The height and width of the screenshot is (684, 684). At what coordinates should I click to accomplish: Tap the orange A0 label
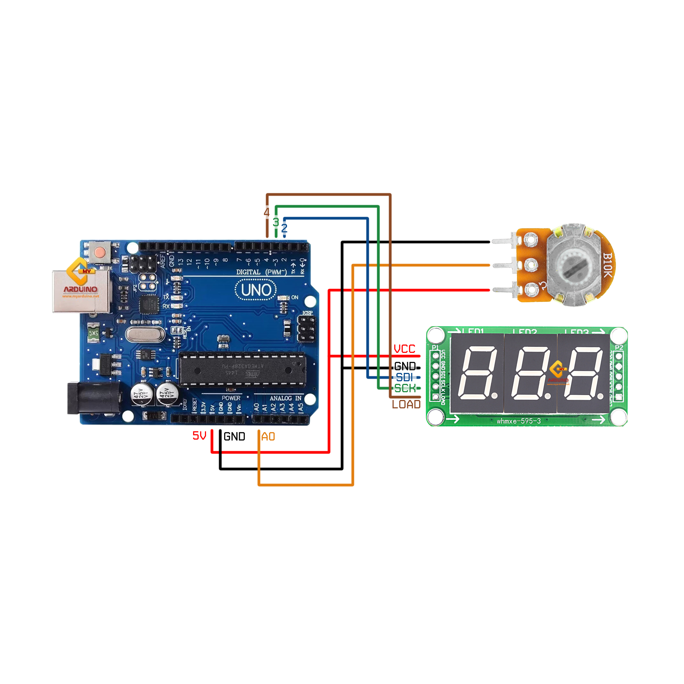click(x=268, y=436)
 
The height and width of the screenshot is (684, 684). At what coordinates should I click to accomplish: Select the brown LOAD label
click(x=406, y=404)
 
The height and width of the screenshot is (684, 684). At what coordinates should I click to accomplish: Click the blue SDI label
click(x=404, y=377)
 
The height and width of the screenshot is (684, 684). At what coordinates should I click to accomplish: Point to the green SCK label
click(x=405, y=389)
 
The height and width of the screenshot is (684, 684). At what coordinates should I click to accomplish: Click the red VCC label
click(x=404, y=349)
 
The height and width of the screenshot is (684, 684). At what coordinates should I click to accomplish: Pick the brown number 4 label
click(x=266, y=212)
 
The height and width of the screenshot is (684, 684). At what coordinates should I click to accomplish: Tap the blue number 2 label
click(x=284, y=228)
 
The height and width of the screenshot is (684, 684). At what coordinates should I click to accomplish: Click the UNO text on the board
click(x=256, y=290)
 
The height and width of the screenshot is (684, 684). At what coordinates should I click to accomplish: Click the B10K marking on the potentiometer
click(x=607, y=265)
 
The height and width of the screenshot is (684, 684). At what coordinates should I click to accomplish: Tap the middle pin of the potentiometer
click(x=503, y=265)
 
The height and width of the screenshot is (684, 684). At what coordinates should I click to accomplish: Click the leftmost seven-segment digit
click(x=477, y=373)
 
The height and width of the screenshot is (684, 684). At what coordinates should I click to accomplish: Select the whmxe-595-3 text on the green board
click(x=519, y=421)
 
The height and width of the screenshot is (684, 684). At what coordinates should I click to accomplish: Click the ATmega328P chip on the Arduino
click(x=242, y=370)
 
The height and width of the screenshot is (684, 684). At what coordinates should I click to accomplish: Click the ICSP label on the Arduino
click(x=307, y=313)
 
